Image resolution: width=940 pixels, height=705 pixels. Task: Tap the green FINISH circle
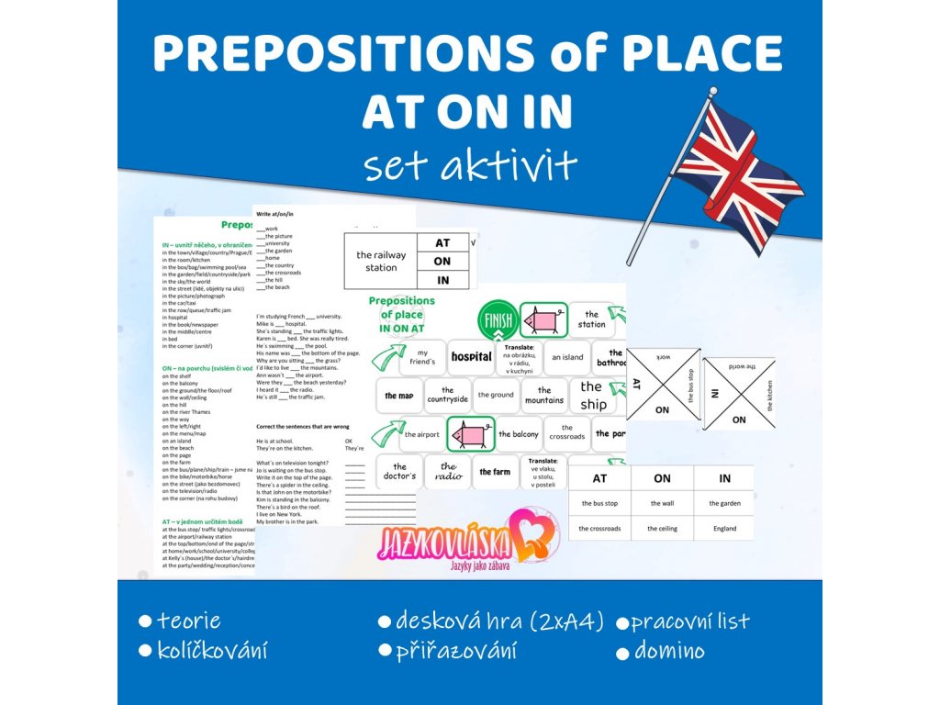point(497,322)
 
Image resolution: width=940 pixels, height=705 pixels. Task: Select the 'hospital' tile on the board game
point(472,356)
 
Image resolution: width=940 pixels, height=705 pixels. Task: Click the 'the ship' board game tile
point(591,396)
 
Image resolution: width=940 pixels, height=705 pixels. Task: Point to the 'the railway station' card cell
point(376,262)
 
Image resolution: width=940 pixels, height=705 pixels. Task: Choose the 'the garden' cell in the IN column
point(724,503)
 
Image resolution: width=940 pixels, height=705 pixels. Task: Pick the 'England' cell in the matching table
point(724,529)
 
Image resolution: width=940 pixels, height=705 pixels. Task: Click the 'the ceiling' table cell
point(662,529)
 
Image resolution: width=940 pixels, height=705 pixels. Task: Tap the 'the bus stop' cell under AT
point(599,503)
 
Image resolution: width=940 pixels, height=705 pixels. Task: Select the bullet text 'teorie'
point(189,621)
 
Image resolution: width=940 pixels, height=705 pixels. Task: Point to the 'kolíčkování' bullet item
point(212,651)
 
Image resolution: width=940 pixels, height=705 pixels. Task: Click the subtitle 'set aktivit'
point(469,165)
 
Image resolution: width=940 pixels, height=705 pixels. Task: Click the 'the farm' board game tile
point(495,472)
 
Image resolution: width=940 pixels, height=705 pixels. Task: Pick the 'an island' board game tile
point(567,357)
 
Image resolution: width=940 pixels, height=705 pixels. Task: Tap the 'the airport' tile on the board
point(421,434)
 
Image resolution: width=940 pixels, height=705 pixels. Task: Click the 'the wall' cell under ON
point(662,503)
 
